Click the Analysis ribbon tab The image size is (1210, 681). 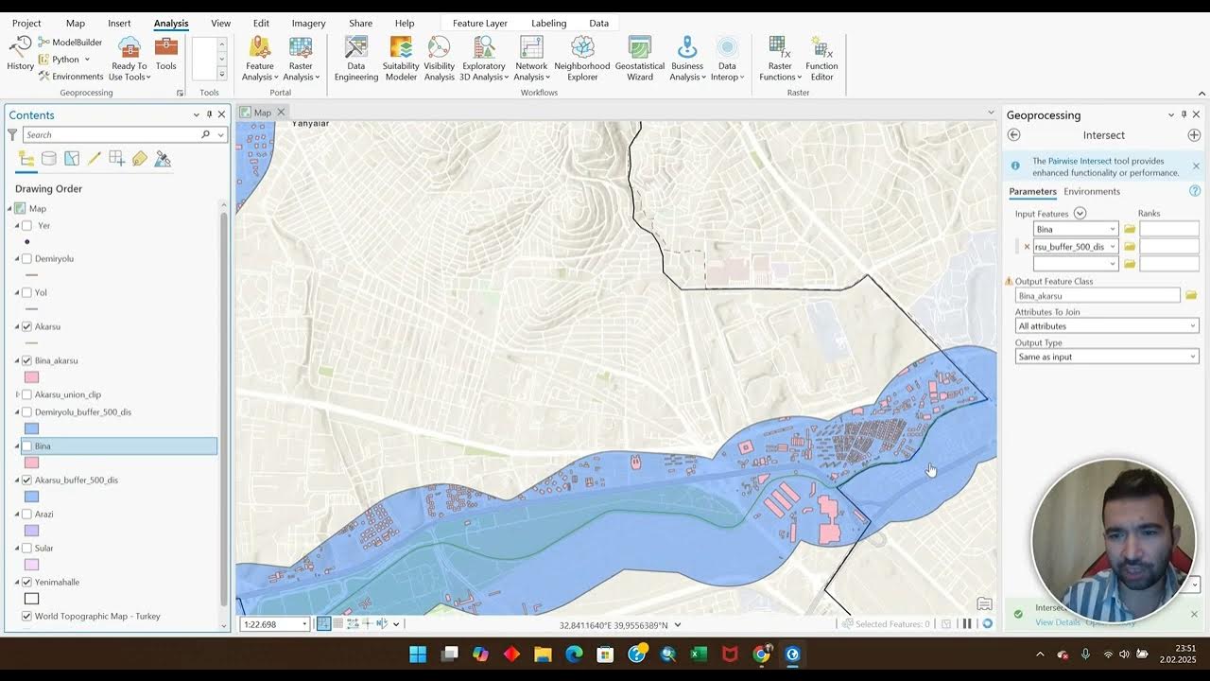(x=171, y=23)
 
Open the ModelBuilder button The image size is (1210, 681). (x=70, y=42)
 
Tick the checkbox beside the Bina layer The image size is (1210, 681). (x=27, y=446)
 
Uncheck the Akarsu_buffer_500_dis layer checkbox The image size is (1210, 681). (x=27, y=480)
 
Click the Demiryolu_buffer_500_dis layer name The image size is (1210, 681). (x=83, y=412)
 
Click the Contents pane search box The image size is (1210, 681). (x=113, y=135)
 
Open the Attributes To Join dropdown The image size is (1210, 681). (x=1106, y=326)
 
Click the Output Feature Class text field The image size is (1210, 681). (x=1097, y=296)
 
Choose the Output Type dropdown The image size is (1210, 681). (x=1106, y=357)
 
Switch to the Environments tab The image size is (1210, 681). (x=1092, y=192)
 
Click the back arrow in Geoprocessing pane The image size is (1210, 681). (x=1014, y=135)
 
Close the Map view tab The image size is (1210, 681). (x=281, y=113)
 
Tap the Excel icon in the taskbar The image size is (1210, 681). (x=699, y=654)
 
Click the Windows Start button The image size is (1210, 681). (x=418, y=654)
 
